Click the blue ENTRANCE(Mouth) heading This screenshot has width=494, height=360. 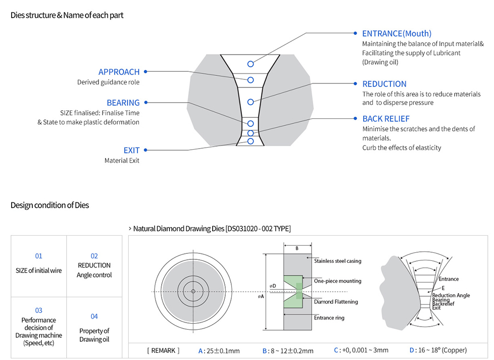click(x=397, y=33)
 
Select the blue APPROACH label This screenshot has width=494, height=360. click(x=119, y=72)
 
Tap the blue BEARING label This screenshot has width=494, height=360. click(x=123, y=103)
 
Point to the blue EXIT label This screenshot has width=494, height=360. click(x=131, y=150)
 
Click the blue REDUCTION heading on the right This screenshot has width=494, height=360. click(x=384, y=84)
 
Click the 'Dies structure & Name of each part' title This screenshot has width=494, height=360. click(x=67, y=15)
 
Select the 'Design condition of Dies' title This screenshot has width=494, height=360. click(x=50, y=205)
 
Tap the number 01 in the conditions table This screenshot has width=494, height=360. click(x=39, y=256)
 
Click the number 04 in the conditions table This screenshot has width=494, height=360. click(x=94, y=317)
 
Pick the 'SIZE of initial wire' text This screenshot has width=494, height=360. click(x=39, y=271)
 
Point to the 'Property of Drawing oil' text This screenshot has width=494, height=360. click(x=94, y=335)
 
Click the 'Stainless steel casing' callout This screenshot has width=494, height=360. click(x=337, y=261)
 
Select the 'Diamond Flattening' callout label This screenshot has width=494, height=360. click(x=336, y=302)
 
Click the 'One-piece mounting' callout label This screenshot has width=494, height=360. click(x=337, y=281)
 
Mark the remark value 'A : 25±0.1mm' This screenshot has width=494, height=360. click(x=219, y=350)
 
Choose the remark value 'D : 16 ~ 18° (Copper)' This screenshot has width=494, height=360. click(x=438, y=350)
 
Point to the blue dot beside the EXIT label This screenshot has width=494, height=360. click(x=145, y=150)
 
